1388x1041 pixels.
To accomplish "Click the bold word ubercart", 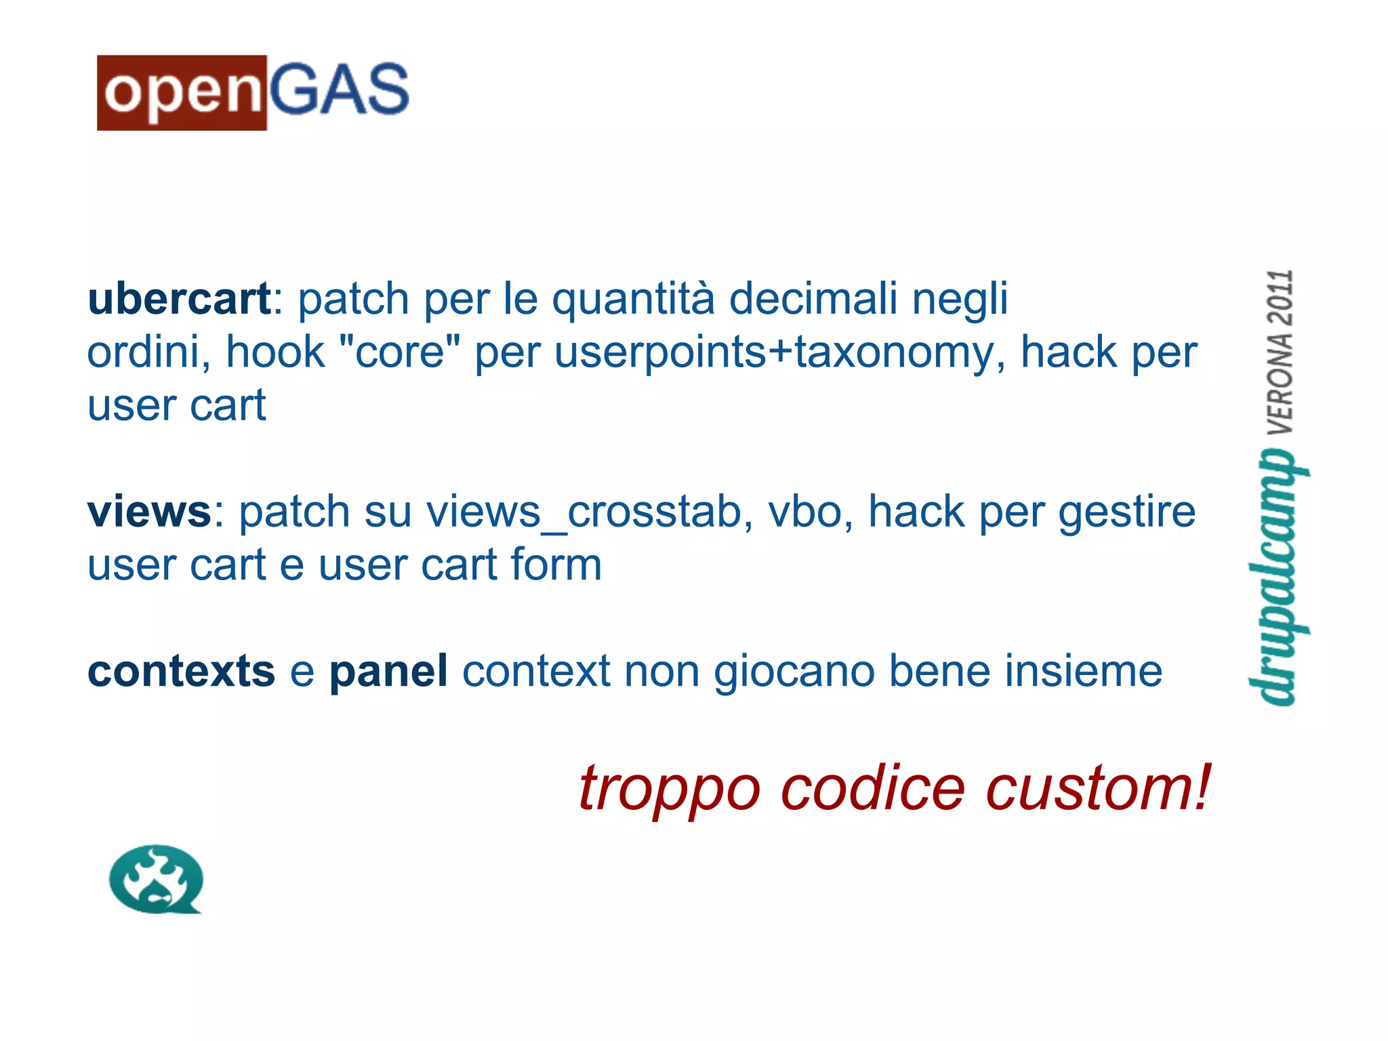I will click(180, 299).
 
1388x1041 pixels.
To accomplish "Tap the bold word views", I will click(150, 512).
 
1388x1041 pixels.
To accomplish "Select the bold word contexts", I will click(181, 672).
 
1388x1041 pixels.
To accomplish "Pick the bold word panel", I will click(388, 672).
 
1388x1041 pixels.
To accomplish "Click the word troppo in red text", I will click(669, 790).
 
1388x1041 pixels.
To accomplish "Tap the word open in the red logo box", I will click(182, 93).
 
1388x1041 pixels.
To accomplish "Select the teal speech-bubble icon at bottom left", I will click(156, 879).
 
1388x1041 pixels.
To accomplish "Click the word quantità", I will click(633, 300).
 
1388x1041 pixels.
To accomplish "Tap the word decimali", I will click(813, 299).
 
